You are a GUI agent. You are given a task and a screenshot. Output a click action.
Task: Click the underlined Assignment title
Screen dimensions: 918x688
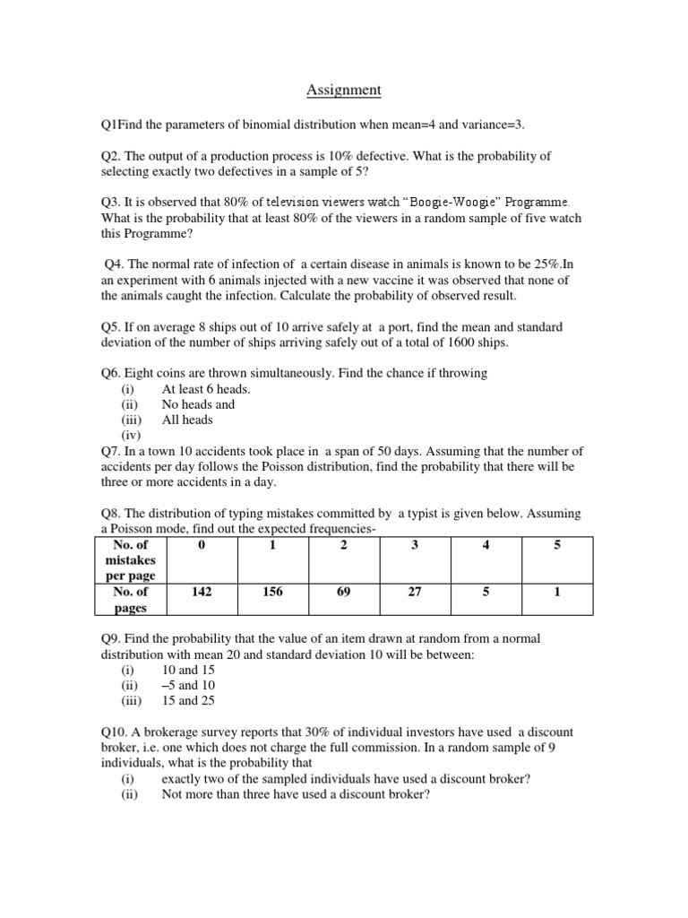coord(344,90)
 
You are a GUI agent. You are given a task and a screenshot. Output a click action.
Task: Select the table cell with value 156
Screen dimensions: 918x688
coord(272,592)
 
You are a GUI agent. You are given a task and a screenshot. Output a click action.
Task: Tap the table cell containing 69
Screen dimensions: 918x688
coord(344,592)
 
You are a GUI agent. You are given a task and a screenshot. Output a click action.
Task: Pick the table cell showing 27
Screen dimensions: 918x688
coord(415,592)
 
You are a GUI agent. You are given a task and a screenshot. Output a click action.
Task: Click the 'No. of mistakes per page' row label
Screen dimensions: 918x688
coord(131,559)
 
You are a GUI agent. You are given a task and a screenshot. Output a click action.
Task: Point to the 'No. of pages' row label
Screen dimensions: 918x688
coord(131,600)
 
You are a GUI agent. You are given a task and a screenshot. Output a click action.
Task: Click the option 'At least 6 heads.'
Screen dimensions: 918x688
coord(206,389)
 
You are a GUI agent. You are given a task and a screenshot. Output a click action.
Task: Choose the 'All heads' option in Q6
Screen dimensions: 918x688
coord(187,420)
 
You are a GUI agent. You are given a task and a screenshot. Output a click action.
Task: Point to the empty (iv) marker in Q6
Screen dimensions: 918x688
coord(132,435)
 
